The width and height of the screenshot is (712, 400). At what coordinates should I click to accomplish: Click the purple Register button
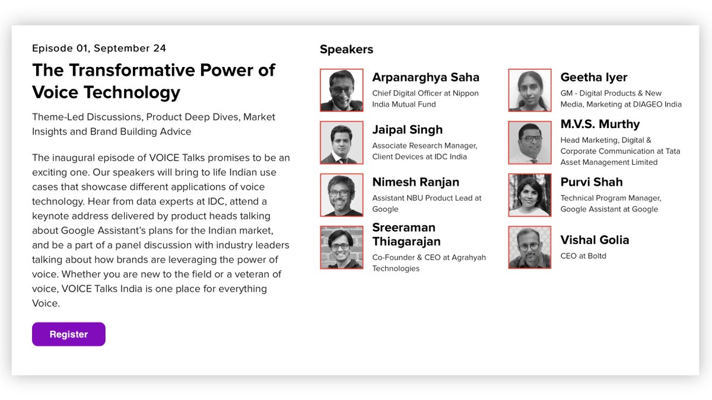[x=69, y=334]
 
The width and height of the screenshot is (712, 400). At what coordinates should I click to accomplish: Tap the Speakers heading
[x=347, y=49]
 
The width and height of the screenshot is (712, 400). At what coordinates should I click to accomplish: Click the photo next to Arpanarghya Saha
[x=342, y=90]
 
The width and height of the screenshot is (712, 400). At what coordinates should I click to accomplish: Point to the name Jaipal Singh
[x=407, y=130]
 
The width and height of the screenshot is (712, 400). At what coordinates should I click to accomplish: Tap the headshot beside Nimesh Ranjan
[x=342, y=195]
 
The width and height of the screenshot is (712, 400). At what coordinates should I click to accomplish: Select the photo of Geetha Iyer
[x=530, y=90]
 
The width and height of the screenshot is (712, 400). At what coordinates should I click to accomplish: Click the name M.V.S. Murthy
[x=600, y=124]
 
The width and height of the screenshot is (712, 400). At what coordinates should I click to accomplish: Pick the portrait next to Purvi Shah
[x=530, y=195]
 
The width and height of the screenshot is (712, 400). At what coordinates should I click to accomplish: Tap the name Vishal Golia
[x=595, y=240]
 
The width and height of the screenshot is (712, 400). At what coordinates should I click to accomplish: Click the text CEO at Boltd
[x=583, y=256]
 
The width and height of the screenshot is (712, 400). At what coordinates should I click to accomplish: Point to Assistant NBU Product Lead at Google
[x=427, y=203]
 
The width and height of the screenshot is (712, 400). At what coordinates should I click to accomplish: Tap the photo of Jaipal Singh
[x=342, y=143]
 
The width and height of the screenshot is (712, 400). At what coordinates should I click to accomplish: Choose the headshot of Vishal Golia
[x=530, y=247]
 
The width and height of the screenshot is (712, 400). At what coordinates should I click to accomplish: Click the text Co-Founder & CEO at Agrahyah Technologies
[x=429, y=263]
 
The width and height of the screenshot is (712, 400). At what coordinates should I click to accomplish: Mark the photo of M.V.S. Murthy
[x=530, y=143]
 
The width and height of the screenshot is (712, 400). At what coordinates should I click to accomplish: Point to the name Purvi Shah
[x=592, y=182]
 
